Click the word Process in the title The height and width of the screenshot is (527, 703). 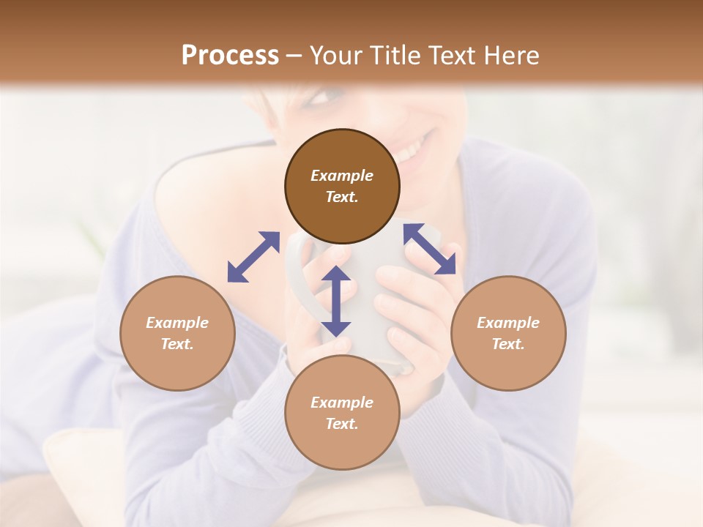tap(230, 55)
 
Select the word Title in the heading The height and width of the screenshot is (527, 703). tap(395, 55)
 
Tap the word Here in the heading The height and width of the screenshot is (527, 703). tap(512, 55)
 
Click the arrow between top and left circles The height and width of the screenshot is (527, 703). tap(253, 257)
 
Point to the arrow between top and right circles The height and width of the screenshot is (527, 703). tap(430, 249)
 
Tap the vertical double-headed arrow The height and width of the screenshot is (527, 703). tap(336, 301)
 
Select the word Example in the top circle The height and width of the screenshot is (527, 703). tap(342, 176)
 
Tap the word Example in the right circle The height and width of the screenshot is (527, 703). tap(508, 323)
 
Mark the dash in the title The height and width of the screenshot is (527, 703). tap(294, 56)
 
